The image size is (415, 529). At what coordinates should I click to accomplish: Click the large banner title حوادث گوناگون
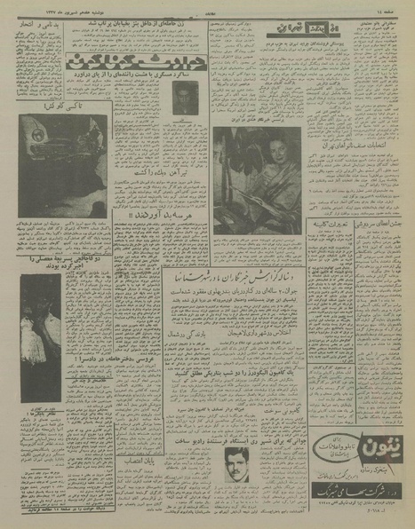pyautogui.click(x=113, y=63)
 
